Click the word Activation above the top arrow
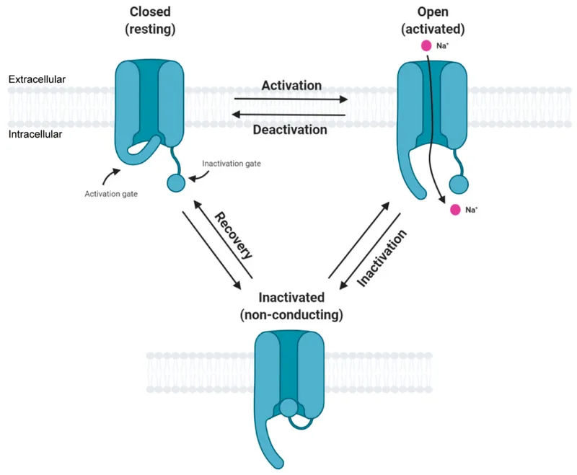point(291,85)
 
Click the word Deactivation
point(291,130)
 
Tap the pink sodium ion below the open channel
point(455,210)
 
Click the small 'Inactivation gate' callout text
point(231,164)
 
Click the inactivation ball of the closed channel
point(176,182)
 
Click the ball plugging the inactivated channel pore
point(288,409)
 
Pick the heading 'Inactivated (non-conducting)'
point(291,306)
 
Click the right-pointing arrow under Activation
point(291,99)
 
